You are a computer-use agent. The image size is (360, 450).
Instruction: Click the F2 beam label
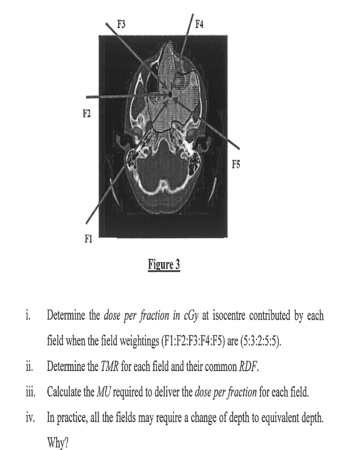[87, 113]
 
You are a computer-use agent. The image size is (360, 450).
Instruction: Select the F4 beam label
[199, 24]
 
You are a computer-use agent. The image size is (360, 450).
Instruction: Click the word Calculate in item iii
[68, 390]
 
